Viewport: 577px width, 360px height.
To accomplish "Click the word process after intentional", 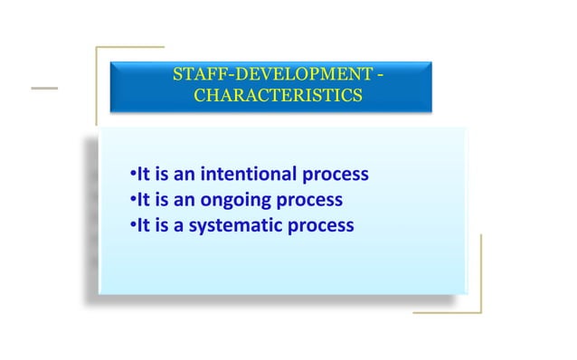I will (336, 175).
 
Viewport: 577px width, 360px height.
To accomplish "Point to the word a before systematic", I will (179, 225).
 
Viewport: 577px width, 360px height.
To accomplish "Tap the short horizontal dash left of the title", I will (43, 89).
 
